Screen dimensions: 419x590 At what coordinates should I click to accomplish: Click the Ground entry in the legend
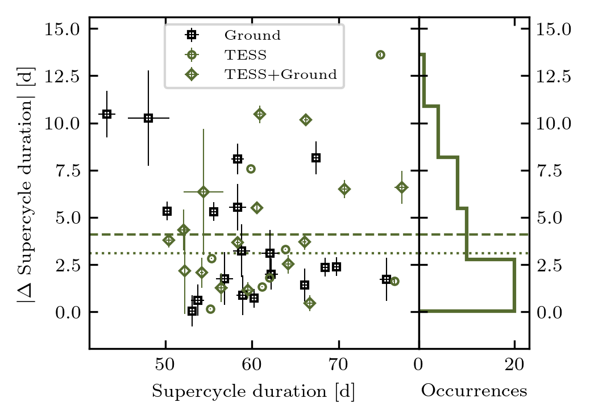click(252, 35)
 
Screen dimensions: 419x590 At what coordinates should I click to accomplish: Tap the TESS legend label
click(246, 55)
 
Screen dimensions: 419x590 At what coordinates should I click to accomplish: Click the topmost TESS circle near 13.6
click(380, 55)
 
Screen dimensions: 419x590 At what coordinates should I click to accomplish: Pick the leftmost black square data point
click(106, 114)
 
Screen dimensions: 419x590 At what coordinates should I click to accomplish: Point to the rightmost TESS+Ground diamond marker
click(402, 187)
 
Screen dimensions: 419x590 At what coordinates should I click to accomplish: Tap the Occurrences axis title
click(474, 391)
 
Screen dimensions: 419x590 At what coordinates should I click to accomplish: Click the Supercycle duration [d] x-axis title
click(254, 392)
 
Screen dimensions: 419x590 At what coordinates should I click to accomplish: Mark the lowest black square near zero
click(192, 311)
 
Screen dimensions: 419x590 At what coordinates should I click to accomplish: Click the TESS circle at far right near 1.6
click(394, 281)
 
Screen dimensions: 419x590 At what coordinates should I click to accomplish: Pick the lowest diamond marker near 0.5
click(310, 303)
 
